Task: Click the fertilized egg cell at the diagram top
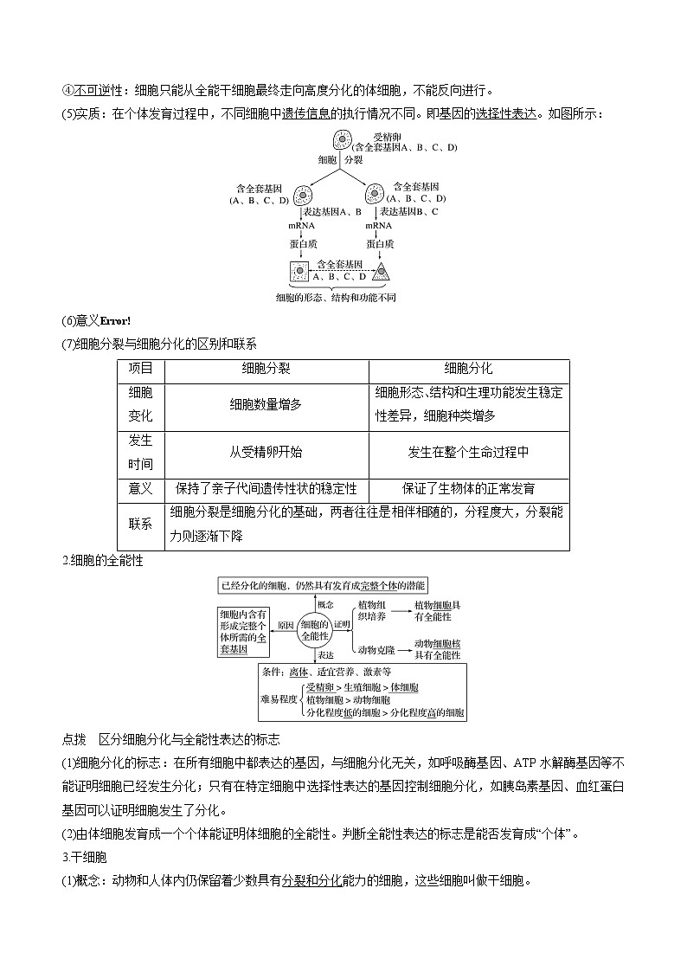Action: (x=343, y=141)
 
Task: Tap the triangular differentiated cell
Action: (x=380, y=272)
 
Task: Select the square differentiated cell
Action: (x=299, y=272)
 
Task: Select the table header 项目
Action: (x=140, y=368)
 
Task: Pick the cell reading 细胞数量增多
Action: (x=266, y=404)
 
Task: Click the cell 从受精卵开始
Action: (x=266, y=452)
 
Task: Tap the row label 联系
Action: (x=140, y=524)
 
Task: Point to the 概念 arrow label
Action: (x=324, y=604)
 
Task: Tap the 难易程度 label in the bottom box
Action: (x=279, y=698)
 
